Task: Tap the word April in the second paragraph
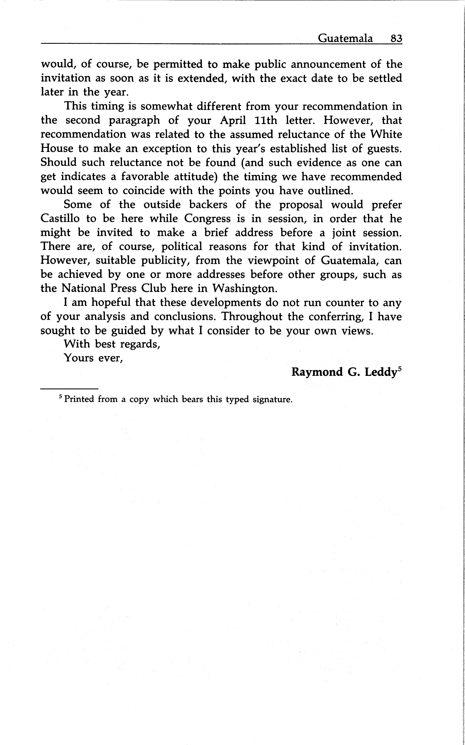click(x=233, y=120)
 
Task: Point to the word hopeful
click(x=111, y=303)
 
